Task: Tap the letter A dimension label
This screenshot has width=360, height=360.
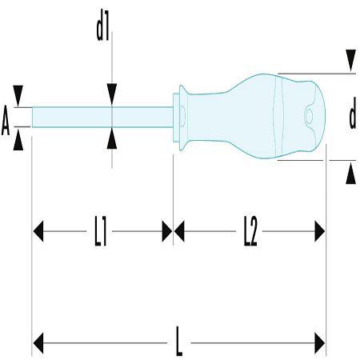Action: click(6, 120)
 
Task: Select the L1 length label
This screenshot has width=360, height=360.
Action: click(101, 231)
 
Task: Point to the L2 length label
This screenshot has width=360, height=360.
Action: click(250, 231)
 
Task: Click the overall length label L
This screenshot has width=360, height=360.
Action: click(179, 341)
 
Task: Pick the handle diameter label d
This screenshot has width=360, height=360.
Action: click(353, 113)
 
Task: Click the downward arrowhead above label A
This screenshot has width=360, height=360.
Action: click(18, 95)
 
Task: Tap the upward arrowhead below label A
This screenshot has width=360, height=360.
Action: click(18, 140)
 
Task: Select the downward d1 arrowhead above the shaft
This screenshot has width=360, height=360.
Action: click(112, 94)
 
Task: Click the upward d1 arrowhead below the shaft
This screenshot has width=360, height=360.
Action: click(112, 138)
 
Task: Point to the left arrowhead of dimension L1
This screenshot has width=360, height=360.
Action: click(38, 231)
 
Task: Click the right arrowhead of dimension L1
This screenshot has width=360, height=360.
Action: click(167, 231)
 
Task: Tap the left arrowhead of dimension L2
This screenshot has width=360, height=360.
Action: click(179, 231)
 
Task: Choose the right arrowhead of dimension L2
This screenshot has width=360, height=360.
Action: click(320, 231)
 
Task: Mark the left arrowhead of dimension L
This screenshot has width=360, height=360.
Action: click(38, 343)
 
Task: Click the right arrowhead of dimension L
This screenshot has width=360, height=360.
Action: click(320, 343)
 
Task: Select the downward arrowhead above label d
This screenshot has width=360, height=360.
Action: click(350, 60)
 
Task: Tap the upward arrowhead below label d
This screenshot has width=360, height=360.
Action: click(350, 174)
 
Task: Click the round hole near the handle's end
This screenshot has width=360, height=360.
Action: click(309, 117)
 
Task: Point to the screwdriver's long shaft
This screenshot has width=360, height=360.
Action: click(102, 117)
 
